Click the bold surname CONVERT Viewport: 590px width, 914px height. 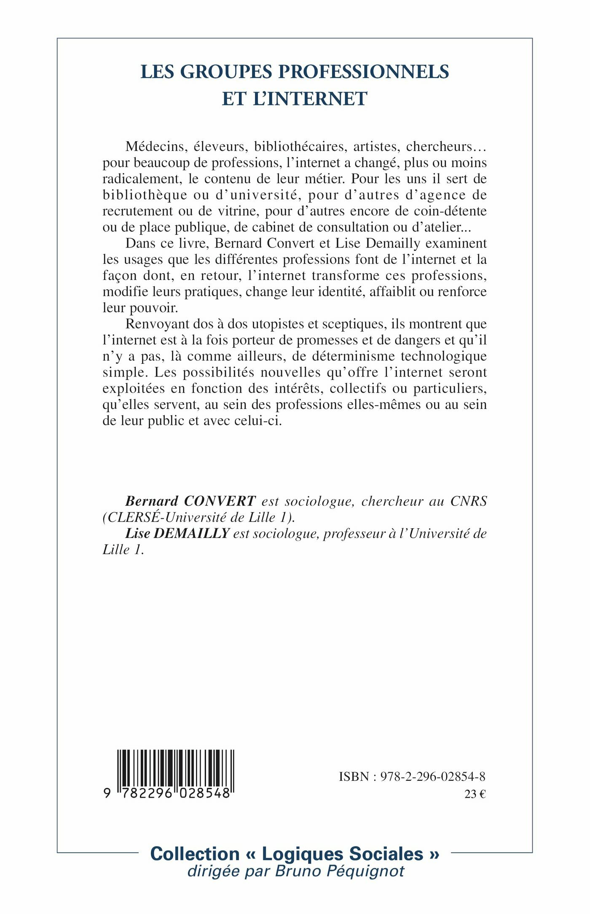tap(220, 501)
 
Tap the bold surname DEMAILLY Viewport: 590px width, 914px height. tap(192, 534)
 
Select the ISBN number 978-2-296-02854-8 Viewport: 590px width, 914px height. tap(433, 777)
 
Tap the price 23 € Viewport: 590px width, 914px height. tap(475, 794)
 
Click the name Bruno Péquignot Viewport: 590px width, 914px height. tap(340, 871)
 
